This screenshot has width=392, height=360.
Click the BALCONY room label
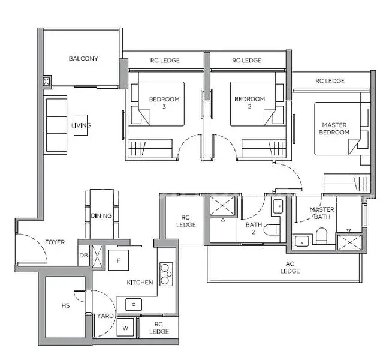[83, 59]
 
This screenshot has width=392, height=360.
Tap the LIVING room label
[82, 125]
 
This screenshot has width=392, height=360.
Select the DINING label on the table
[101, 215]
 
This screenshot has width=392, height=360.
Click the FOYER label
[55, 242]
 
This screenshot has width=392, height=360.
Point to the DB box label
[83, 256]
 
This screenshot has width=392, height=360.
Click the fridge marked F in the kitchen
[119, 260]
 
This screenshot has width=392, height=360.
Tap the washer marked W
[125, 328]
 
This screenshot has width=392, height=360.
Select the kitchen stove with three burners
[166, 274]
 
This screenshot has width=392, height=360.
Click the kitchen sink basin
[134, 304]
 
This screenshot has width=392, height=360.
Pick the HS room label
[65, 305]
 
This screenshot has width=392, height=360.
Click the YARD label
[105, 316]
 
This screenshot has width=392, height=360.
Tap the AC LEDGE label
[290, 267]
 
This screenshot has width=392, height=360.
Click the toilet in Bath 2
[272, 230]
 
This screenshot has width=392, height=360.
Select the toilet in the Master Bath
[321, 236]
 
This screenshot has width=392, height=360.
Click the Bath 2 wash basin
[278, 206]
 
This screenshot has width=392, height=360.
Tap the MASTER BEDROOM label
[334, 128]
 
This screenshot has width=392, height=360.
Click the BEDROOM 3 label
[164, 103]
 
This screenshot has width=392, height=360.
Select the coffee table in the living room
[80, 125]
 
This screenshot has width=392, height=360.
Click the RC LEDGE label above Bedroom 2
[246, 60]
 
